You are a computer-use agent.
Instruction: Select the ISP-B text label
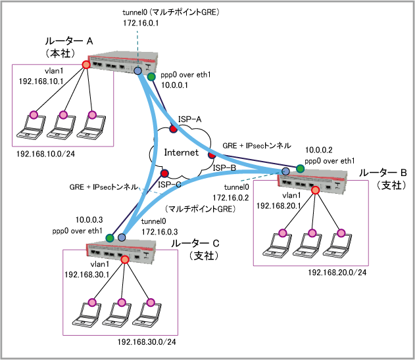[224, 168]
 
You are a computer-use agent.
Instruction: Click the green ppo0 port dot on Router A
[151, 78]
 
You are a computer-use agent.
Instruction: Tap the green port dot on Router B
[300, 169]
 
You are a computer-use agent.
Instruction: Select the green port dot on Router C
[110, 237]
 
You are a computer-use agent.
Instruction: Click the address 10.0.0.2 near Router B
[318, 149]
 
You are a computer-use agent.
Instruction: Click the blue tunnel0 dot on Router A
[138, 71]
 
